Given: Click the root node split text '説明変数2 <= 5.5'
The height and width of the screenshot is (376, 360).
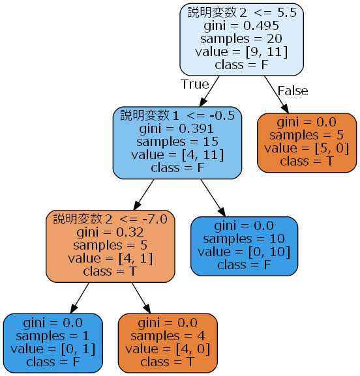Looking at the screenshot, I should coord(242,12).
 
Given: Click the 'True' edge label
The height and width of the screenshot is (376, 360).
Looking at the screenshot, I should coord(194,84).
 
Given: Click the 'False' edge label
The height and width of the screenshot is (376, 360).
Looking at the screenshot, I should coord(292,91).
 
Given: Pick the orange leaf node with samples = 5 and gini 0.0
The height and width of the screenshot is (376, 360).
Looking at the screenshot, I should coord(307,142).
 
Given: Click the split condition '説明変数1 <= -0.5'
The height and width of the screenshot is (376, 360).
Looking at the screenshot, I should coord(177,115).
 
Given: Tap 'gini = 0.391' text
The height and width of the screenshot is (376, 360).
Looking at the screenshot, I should coord(177,128).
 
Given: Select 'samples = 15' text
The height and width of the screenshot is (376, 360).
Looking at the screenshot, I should coord(177,141).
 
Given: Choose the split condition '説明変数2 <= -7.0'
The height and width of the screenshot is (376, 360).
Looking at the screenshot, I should coord(110,219).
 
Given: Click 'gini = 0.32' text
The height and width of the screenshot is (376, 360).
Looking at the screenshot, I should coord(110,232).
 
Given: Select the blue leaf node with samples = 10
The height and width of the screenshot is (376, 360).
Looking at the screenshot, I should coord(244,245).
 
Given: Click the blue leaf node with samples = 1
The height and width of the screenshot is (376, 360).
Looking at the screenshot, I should coord(53,342).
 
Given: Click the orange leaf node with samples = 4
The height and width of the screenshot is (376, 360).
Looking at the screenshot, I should coord(167,342).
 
